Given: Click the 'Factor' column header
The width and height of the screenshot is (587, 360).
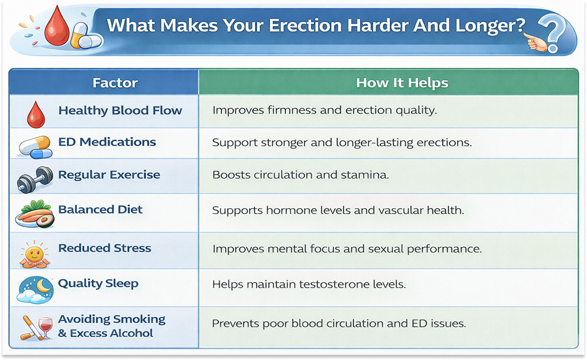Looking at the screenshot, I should pyautogui.click(x=115, y=83).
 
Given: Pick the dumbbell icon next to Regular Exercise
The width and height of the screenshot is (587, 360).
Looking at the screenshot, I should pyautogui.click(x=35, y=179).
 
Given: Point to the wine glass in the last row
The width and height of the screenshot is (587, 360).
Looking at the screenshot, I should pyautogui.click(x=45, y=325).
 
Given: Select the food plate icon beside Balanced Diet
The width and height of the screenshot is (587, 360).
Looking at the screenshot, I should pyautogui.click(x=35, y=215).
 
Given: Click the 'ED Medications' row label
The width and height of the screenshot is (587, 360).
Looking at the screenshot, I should pyautogui.click(x=107, y=142).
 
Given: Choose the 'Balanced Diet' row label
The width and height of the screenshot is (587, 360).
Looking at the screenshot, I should pyautogui.click(x=100, y=210).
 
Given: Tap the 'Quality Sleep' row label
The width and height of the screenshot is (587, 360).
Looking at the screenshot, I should pyautogui.click(x=98, y=283).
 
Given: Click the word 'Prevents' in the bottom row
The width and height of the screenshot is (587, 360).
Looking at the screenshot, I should pyautogui.click(x=235, y=323).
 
